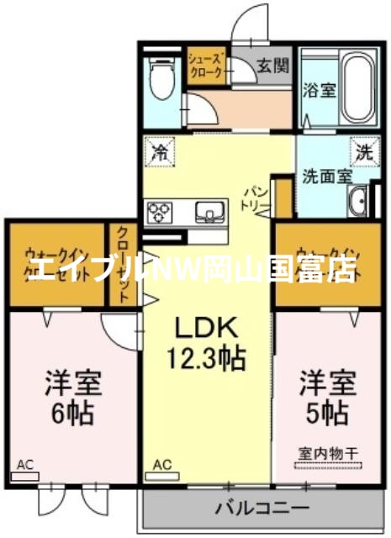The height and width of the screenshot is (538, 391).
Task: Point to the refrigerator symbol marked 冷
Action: (x=159, y=152)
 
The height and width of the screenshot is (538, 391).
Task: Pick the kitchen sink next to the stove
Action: (x=207, y=211)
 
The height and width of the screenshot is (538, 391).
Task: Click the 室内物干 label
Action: (x=328, y=454)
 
